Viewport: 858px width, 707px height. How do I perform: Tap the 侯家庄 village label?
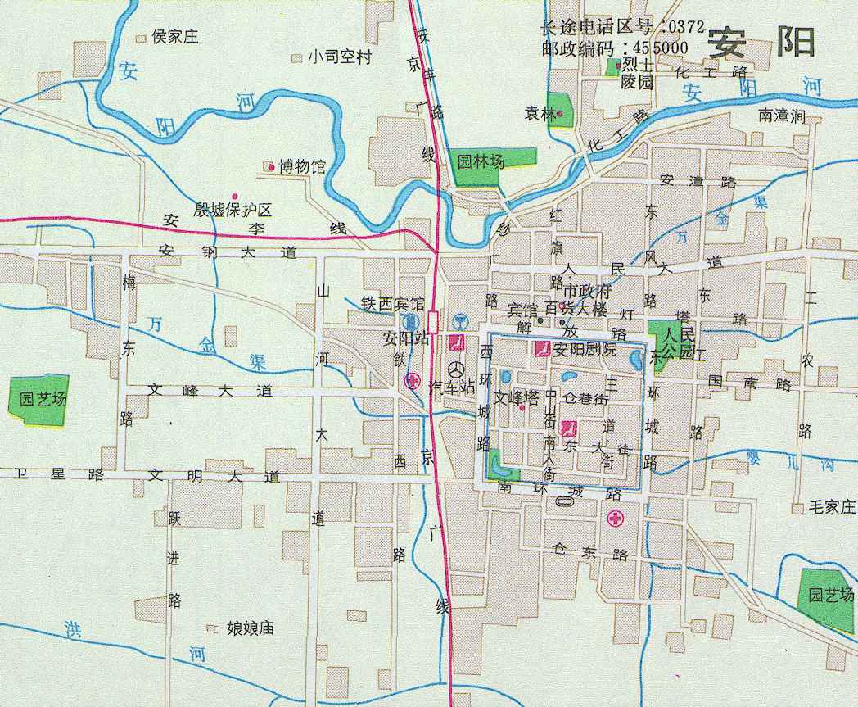tap(175, 37)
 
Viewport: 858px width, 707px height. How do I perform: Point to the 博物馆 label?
tap(301, 167)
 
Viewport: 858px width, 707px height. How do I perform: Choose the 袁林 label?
tap(540, 114)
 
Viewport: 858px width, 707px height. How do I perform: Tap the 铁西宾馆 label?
tap(393, 303)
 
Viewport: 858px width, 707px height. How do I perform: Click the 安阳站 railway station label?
tap(406, 338)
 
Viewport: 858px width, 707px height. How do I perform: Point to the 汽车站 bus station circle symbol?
tap(455, 369)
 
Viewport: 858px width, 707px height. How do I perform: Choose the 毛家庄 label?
tap(831, 508)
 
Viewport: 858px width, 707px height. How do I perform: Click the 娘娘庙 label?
tap(250, 628)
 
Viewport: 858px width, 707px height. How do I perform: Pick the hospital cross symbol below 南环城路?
tap(615, 519)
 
